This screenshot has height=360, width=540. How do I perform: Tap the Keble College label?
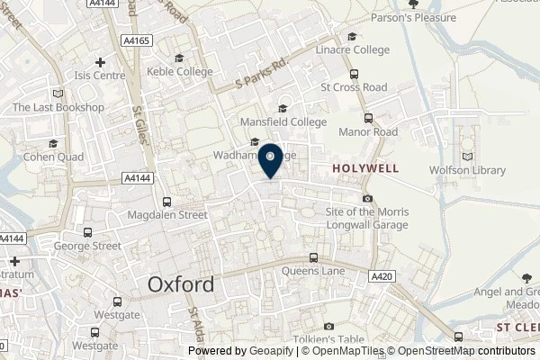pos(182,72)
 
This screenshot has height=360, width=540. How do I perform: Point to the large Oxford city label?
pos(181,284)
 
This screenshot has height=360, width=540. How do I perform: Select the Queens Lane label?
pos(313,270)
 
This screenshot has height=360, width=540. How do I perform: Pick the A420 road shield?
pos(379,280)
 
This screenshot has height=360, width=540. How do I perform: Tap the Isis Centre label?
pos(99,76)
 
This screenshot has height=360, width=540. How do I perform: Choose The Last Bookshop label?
pos(58,107)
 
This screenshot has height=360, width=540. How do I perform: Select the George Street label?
pos(86,245)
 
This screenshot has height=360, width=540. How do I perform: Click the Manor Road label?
pos(367,131)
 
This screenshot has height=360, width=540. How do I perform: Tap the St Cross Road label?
pos(354,87)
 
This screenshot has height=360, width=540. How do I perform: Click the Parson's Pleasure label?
pos(444,17)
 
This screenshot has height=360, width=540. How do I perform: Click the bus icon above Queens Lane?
pos(313,257)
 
